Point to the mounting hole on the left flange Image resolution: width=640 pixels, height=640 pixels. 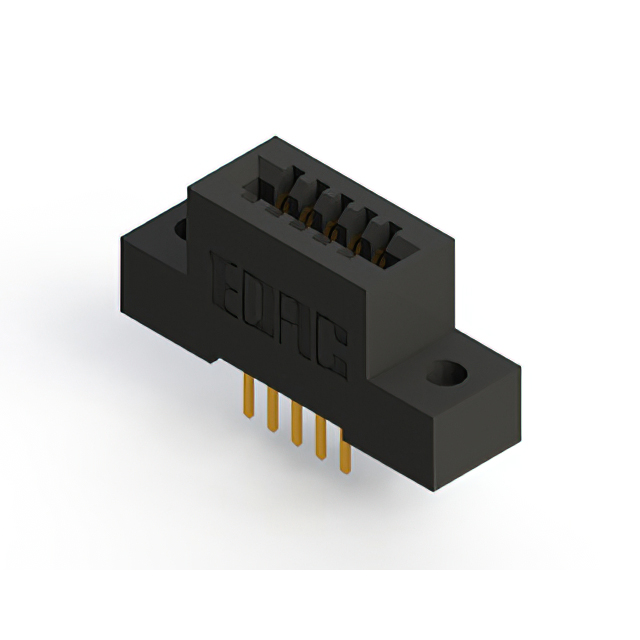coord(182,229)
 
